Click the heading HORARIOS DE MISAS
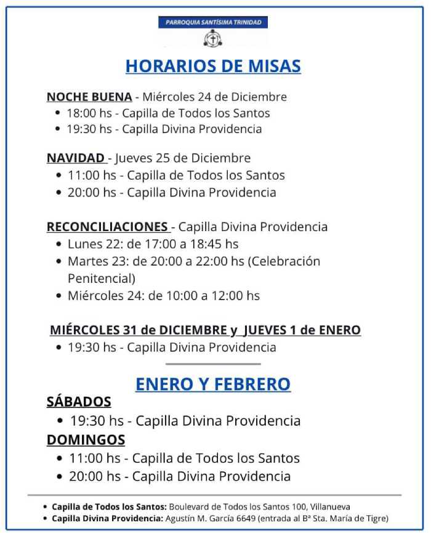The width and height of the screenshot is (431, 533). tap(213, 66)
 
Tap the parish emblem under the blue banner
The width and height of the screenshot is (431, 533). tap(212, 38)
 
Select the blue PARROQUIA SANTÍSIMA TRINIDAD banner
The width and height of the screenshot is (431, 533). tap(212, 22)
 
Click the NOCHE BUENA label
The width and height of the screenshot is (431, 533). tap(89, 97)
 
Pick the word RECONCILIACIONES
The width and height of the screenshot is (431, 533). tap(107, 227)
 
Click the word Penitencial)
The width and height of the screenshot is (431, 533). tap(101, 278)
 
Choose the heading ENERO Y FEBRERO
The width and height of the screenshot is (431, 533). tap(213, 384)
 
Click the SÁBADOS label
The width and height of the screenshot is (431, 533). tap(79, 402)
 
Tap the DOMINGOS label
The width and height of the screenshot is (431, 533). tap(86, 440)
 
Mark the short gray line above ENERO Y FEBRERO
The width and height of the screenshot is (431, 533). tap(213, 364)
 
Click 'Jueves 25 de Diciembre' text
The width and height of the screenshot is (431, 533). tap(183, 158)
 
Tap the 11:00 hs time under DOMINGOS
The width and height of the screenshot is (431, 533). tap(95, 458)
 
